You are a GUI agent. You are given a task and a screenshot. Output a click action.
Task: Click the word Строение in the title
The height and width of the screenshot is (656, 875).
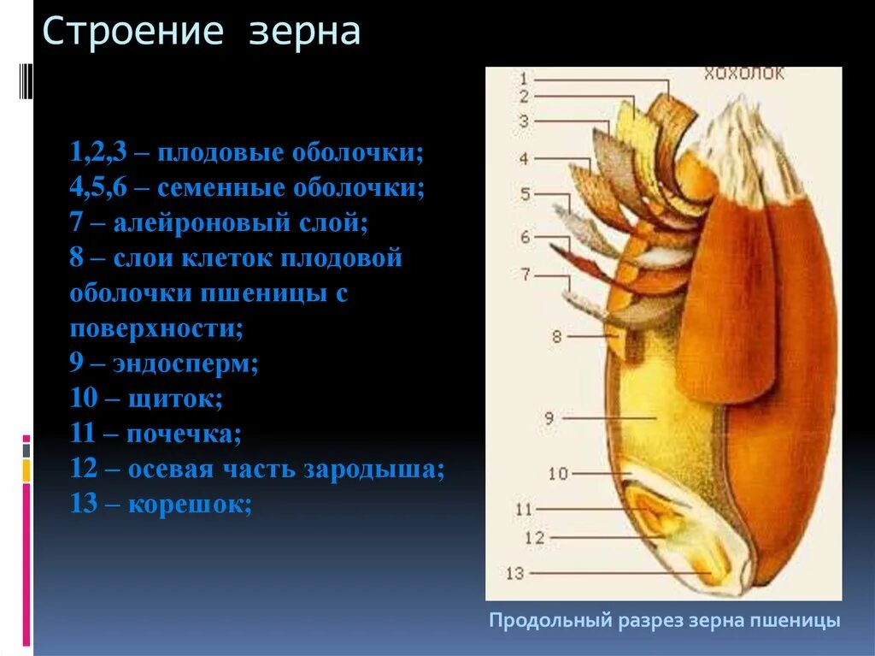point(133,33)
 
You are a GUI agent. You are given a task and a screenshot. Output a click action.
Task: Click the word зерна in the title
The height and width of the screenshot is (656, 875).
point(304,33)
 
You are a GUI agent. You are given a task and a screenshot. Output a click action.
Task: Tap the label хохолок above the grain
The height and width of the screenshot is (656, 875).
point(743,74)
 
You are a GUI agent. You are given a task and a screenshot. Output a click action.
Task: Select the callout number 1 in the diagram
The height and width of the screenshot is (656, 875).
point(523,78)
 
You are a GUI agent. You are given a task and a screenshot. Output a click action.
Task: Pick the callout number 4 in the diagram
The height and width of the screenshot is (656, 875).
point(523,158)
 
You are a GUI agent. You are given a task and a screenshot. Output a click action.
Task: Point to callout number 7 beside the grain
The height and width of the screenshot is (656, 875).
point(525,275)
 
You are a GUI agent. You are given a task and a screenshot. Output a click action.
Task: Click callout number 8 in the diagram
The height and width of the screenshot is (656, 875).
point(556,337)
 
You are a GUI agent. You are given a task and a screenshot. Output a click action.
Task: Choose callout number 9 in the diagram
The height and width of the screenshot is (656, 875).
point(549,417)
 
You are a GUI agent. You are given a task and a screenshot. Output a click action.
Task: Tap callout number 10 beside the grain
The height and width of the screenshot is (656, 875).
point(557,473)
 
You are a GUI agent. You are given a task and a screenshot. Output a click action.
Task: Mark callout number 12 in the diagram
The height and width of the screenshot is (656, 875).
point(535,538)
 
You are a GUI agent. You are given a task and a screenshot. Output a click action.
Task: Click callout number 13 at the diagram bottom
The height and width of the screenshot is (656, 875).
point(514,574)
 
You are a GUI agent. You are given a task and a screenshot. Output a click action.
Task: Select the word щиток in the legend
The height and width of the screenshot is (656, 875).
point(174,399)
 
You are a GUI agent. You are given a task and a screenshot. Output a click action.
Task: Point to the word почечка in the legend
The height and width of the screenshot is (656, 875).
point(184,434)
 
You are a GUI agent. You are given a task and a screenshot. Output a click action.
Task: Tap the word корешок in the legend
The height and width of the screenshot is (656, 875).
point(189,504)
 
